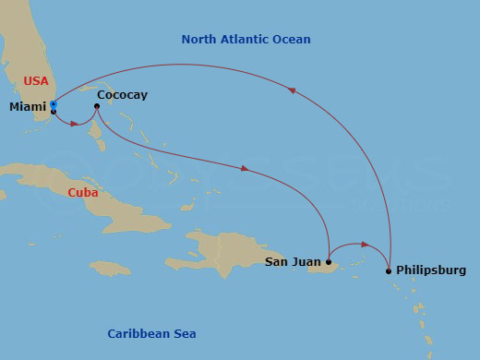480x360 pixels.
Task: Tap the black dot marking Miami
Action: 54,112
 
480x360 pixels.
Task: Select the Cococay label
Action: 122,94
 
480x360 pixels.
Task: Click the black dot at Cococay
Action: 96,106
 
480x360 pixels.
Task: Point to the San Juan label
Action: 294,262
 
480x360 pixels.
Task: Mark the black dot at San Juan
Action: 329,262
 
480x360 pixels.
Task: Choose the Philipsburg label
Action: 431,270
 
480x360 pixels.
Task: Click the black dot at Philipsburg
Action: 389,270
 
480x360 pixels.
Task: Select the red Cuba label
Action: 83,193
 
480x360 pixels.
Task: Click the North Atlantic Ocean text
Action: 246,40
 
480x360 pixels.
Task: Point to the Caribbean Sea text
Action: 151,333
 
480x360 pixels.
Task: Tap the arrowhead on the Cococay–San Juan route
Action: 245,169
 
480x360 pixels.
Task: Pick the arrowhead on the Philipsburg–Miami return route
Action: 292,90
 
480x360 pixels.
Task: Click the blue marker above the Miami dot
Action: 54,105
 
